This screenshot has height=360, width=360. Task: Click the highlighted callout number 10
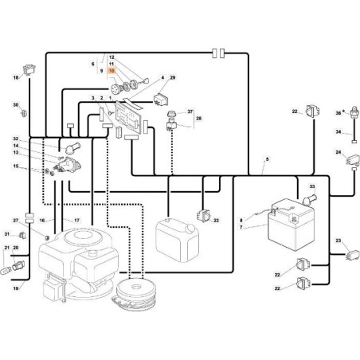[112, 71]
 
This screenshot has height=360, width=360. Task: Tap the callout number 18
[15, 77]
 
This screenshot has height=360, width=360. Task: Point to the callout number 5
[267, 159]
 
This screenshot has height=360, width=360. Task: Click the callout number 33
[312, 186]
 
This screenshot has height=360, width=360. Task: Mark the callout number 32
[15, 139]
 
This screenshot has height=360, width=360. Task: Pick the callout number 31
[8, 233]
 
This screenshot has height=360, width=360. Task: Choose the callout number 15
[15, 166]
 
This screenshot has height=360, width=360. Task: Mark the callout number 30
[15, 105]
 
